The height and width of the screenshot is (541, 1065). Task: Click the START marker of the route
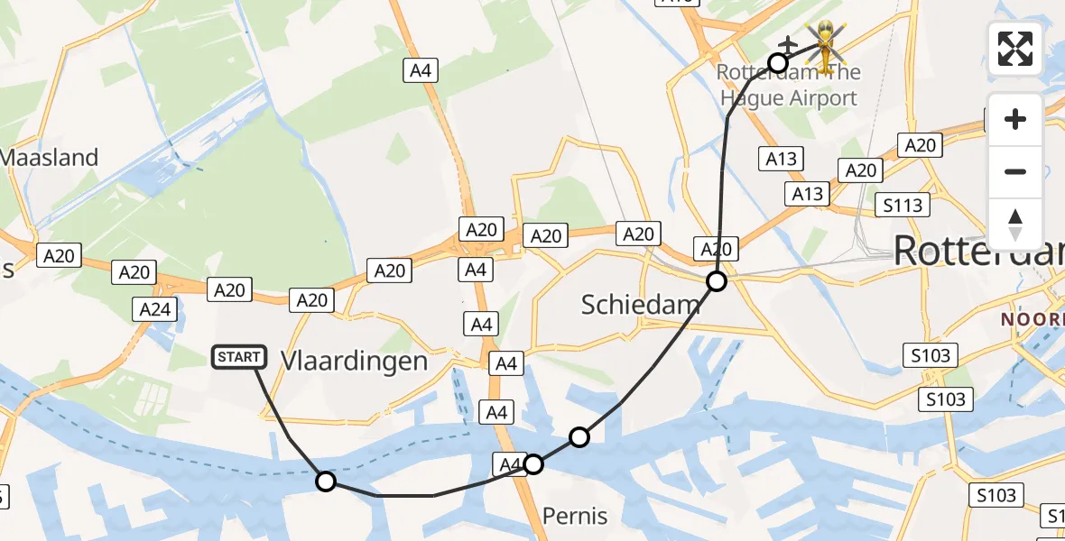coord(239,357)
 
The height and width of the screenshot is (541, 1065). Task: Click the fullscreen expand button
coord(1015,49)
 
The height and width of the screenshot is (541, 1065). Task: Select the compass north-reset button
coord(1015,225)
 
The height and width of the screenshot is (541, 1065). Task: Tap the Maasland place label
coord(49,158)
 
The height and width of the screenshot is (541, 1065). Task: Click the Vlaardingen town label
coord(354,362)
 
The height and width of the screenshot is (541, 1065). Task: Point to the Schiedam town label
coord(640,305)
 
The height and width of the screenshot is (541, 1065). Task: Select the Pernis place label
coord(575,517)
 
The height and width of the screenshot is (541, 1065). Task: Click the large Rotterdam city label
coord(978,252)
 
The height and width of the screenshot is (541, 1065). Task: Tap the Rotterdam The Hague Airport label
coord(789,85)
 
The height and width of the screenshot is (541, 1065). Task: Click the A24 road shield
coord(153,309)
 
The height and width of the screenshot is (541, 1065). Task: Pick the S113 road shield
coord(903,206)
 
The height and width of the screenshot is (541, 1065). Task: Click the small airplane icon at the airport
coord(787,44)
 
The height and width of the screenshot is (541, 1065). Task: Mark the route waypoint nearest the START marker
coord(326,481)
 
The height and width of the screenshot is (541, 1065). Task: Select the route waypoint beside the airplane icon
coord(777,62)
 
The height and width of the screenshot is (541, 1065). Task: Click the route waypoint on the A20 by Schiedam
coord(716,281)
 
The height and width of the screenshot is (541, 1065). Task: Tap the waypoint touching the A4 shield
coord(533,464)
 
